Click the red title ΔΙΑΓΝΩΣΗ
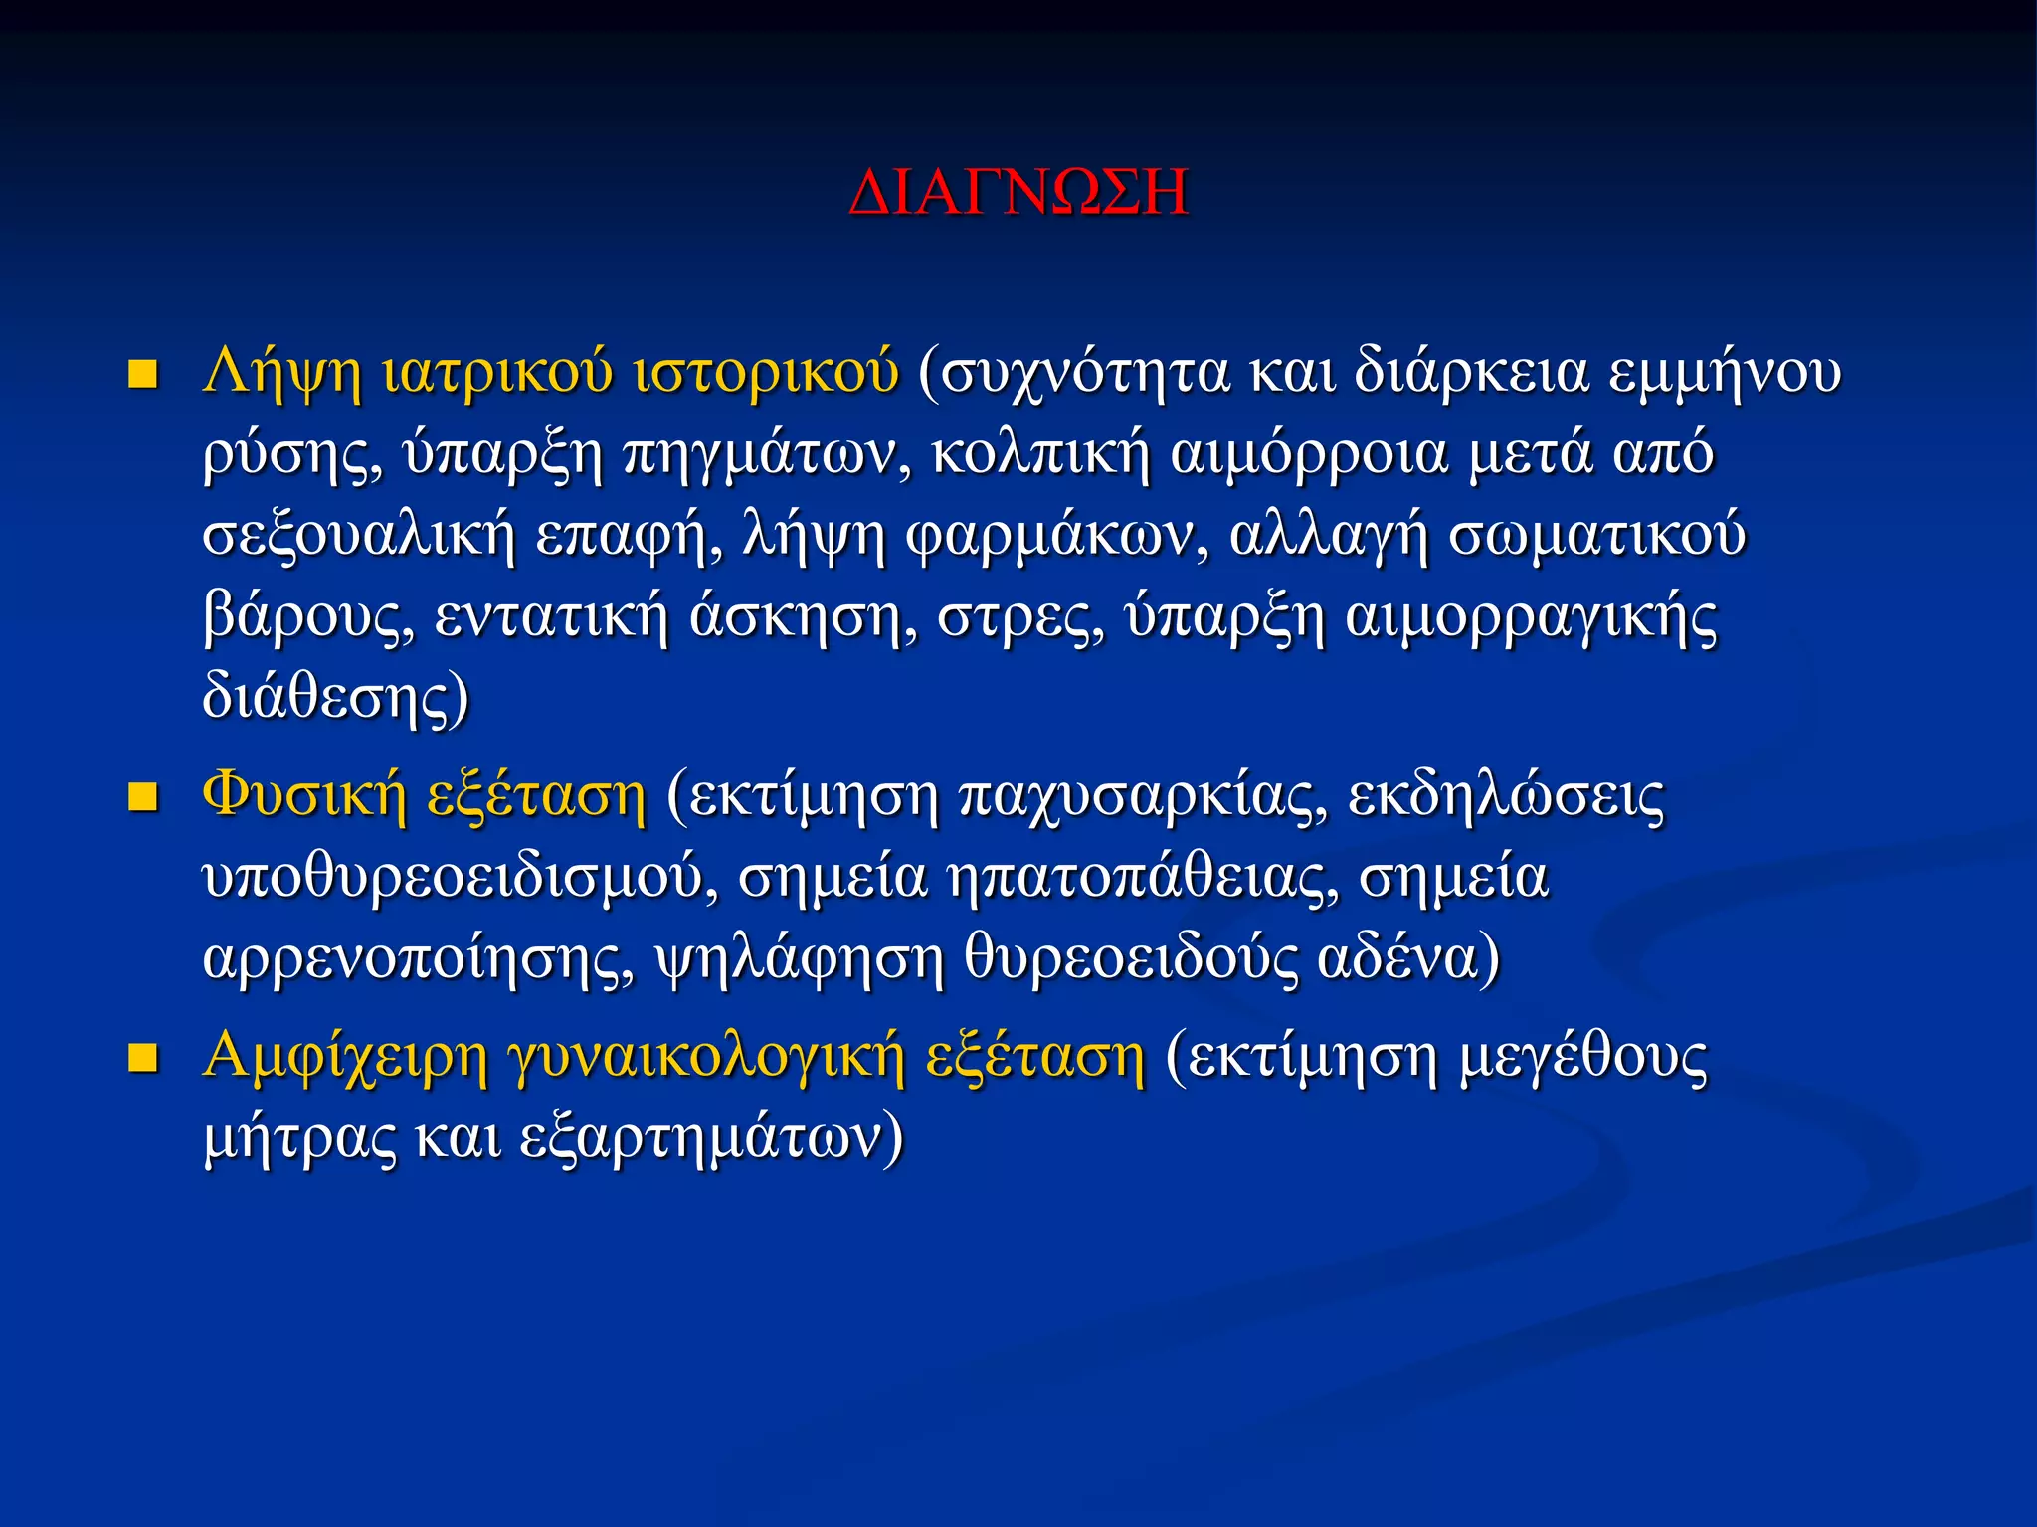(1018, 192)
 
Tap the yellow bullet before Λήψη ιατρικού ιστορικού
(144, 375)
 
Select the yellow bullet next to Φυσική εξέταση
(144, 797)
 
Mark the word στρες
(1020, 618)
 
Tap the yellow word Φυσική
(304, 797)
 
